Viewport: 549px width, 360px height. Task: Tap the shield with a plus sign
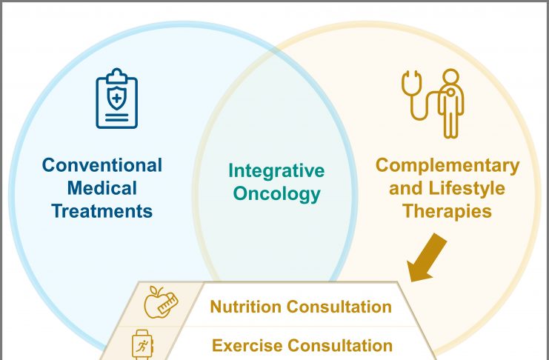click(117, 99)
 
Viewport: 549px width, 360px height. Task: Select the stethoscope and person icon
click(433, 103)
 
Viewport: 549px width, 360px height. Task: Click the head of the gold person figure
click(450, 77)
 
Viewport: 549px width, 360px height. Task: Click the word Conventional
click(102, 165)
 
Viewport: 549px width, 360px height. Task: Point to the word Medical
click(102, 188)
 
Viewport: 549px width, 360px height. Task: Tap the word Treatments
click(102, 211)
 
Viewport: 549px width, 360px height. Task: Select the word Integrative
click(276, 171)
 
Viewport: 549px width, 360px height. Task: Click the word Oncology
click(276, 194)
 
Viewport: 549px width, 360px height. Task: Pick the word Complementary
click(447, 166)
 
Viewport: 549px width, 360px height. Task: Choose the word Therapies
click(447, 211)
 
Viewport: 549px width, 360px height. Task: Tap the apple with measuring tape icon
click(161, 302)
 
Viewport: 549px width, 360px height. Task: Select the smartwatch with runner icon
click(142, 345)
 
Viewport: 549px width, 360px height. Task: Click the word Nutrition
click(246, 307)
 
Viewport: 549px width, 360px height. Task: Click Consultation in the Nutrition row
click(339, 307)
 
